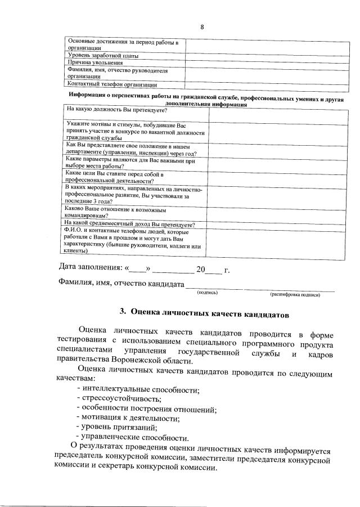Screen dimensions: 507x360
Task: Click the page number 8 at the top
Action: point(201,27)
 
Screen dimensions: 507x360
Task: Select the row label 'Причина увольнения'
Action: point(95,63)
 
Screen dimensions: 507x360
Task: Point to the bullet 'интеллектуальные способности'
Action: point(141,389)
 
